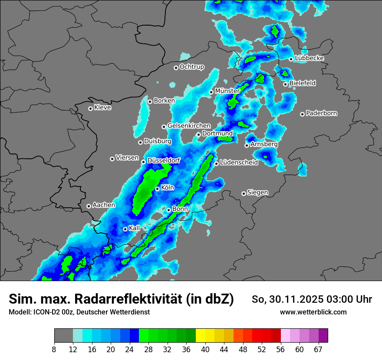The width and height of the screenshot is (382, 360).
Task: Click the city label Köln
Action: coord(168,188)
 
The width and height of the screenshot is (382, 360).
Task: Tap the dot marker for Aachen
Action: coord(89,206)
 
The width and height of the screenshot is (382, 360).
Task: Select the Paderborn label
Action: coord(322,113)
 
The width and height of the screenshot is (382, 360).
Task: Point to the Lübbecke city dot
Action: coord(291,59)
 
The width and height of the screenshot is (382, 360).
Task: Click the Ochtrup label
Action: coord(192,67)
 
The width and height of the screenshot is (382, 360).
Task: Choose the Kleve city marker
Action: coord(90,108)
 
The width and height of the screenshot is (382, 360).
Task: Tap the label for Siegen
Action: coord(258,192)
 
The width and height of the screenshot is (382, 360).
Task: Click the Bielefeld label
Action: coord(303,83)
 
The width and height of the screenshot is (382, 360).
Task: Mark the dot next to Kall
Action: coord(125,229)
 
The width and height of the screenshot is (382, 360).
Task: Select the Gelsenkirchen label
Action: coord(189,126)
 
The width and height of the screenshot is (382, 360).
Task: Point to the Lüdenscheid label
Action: coord(239,162)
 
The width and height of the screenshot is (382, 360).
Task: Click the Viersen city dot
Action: coord(112,159)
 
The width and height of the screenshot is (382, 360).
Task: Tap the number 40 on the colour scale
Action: coord(205,349)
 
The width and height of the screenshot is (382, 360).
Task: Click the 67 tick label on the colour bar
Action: coord(318,349)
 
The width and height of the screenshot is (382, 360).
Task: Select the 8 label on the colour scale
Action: coord(54,349)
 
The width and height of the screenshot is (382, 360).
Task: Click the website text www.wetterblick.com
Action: coord(313,312)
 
